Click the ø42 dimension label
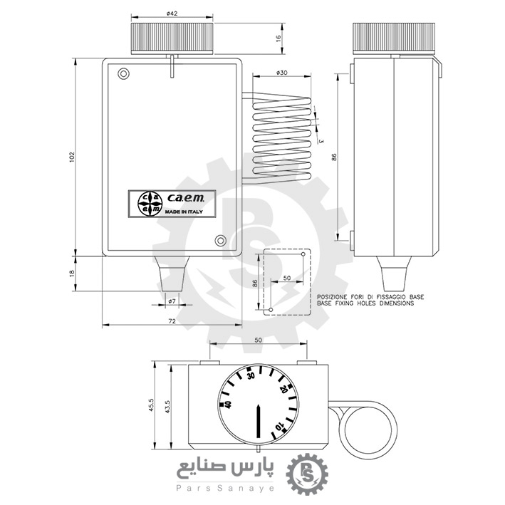coord(172,14)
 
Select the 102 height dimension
coord(72,157)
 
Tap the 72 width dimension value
coord(172,321)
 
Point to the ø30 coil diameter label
coord(282,73)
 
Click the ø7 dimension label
coord(172,301)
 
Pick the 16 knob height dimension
coord(278,38)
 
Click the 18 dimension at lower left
coord(72,273)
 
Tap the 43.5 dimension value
coord(167,407)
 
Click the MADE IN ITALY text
coord(184,212)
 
